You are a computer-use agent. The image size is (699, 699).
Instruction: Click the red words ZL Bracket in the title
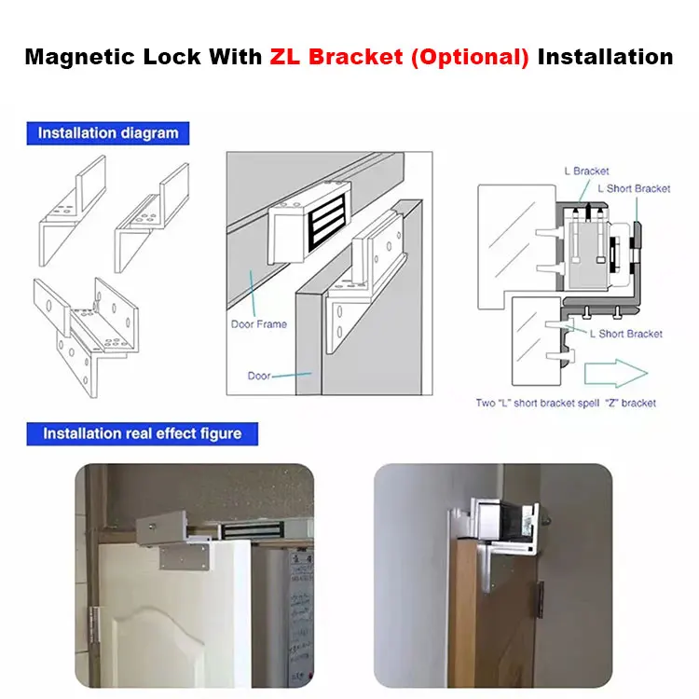(x=336, y=57)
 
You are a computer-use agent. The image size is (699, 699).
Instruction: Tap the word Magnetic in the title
(x=80, y=57)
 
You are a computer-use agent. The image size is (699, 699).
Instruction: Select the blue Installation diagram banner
(x=108, y=133)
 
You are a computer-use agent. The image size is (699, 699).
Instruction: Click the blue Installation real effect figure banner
(x=143, y=433)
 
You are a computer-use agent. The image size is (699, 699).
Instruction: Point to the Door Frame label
(x=258, y=324)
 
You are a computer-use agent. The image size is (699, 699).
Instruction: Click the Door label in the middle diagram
(x=259, y=376)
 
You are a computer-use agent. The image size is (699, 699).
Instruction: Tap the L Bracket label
(x=586, y=171)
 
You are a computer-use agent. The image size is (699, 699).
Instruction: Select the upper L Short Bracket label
(x=634, y=188)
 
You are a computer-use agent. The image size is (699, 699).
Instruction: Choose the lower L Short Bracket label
(x=626, y=334)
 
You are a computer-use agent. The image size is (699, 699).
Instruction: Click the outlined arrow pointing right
(x=616, y=373)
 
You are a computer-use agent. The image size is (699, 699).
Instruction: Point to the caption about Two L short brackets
(x=566, y=403)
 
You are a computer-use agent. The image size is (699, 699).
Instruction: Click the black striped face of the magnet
(x=328, y=222)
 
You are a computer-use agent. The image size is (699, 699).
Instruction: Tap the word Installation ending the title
(x=606, y=57)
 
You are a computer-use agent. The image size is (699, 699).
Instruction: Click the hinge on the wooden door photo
(x=540, y=599)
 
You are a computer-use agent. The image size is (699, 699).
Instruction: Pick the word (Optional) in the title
(x=470, y=57)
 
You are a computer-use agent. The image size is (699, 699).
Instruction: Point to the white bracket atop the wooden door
(x=495, y=526)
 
